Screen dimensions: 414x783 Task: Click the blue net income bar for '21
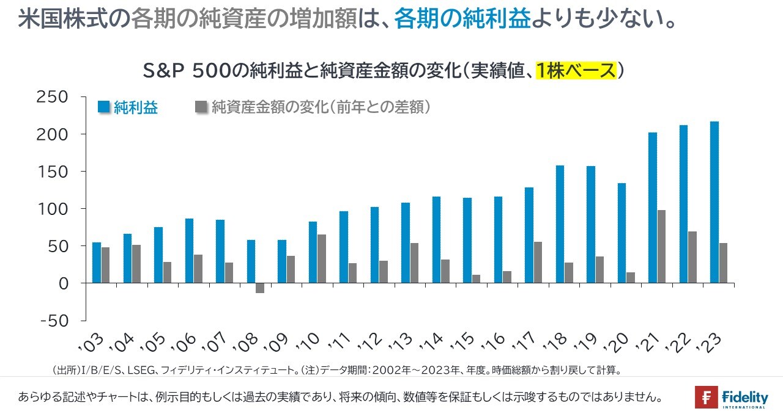tap(653, 208)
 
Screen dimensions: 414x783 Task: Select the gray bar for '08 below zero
tap(260, 288)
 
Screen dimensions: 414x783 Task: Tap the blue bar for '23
tap(714, 202)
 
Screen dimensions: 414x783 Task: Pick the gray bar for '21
tap(661, 247)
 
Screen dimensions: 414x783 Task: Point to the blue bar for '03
tap(97, 263)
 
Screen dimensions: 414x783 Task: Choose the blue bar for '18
tap(560, 224)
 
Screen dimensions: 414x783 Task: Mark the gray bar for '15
tap(476, 279)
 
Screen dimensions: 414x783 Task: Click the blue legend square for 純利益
tap(104, 108)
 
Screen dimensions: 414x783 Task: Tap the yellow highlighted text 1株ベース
tap(576, 71)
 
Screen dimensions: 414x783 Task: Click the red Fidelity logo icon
tap(706, 398)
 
